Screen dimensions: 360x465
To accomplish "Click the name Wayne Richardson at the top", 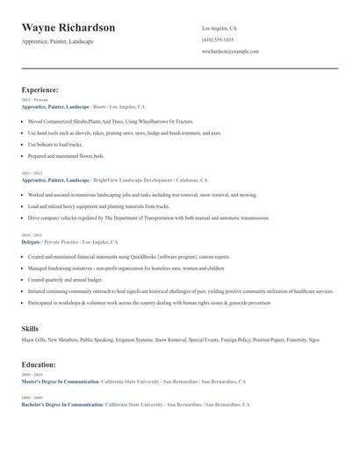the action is coord(68,28).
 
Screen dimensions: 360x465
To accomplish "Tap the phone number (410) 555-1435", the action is coord(218,39).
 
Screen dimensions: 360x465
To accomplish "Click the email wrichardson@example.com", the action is coord(230,51).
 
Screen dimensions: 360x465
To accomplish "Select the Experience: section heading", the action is coord(40,89).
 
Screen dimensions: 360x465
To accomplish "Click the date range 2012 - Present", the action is coord(35,100).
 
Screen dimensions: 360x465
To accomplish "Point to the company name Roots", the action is coord(99,106).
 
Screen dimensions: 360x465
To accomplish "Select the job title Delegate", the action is coord(32,241).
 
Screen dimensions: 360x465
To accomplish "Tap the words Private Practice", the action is coord(61,241).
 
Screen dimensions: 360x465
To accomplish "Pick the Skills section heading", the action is coord(30,328).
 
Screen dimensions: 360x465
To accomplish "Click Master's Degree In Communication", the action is coord(61,382).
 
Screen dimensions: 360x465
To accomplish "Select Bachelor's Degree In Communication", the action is coord(62,404).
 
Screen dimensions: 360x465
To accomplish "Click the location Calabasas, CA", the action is coord(191,180).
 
